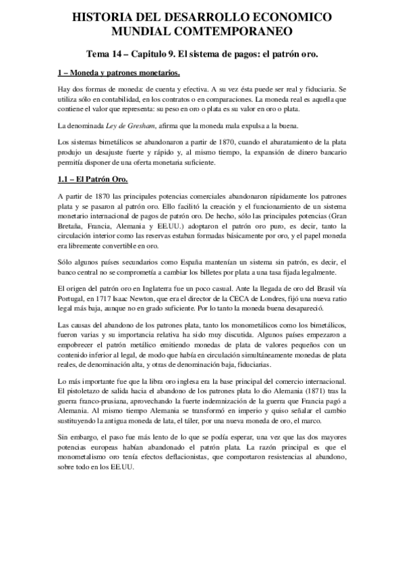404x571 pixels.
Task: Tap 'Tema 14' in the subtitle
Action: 109,53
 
